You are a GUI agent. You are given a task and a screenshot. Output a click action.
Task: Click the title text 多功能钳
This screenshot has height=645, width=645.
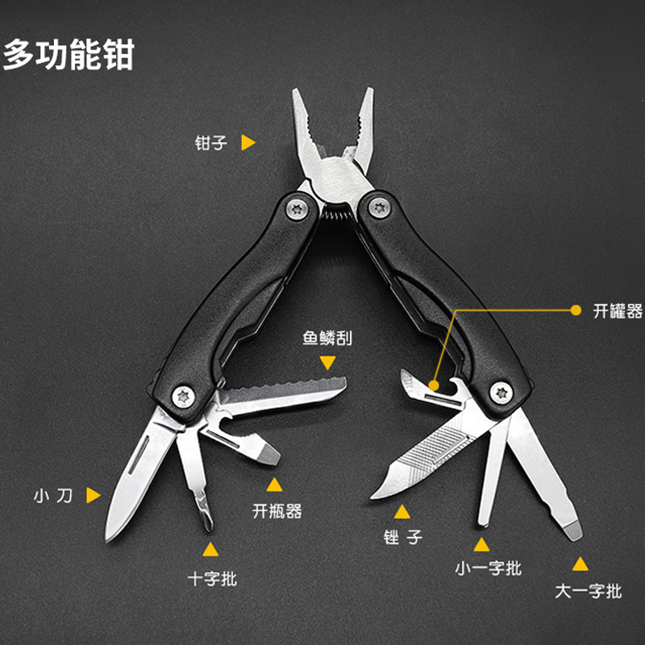[x=69, y=54]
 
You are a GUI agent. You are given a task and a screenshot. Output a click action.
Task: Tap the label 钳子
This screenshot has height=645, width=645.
[x=211, y=143]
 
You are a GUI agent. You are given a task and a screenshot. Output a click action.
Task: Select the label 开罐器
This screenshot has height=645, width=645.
[x=618, y=310]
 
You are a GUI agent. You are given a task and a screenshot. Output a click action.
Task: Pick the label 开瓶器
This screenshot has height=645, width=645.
[x=277, y=510]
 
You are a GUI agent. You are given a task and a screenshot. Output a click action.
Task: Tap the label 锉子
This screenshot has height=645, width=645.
[x=403, y=536]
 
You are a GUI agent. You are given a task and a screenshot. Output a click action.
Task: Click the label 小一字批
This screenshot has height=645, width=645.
[x=488, y=568]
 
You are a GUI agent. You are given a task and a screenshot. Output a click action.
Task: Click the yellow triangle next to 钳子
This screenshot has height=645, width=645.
[x=248, y=143]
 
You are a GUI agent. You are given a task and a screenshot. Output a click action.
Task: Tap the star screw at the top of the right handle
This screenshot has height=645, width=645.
[x=377, y=209]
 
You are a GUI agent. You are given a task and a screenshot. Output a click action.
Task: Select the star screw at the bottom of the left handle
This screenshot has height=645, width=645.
[x=184, y=395]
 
